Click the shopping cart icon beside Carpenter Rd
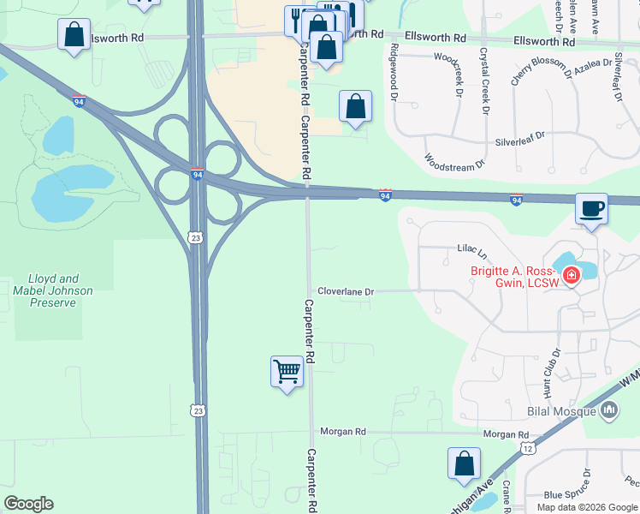[287, 373]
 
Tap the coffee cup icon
[590, 209]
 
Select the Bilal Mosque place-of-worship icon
[609, 411]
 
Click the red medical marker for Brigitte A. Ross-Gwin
[570, 276]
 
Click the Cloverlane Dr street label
[346, 291]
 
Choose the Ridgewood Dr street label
[394, 72]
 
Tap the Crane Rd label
[507, 496]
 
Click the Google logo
[28, 504]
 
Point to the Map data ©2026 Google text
[586, 507]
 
